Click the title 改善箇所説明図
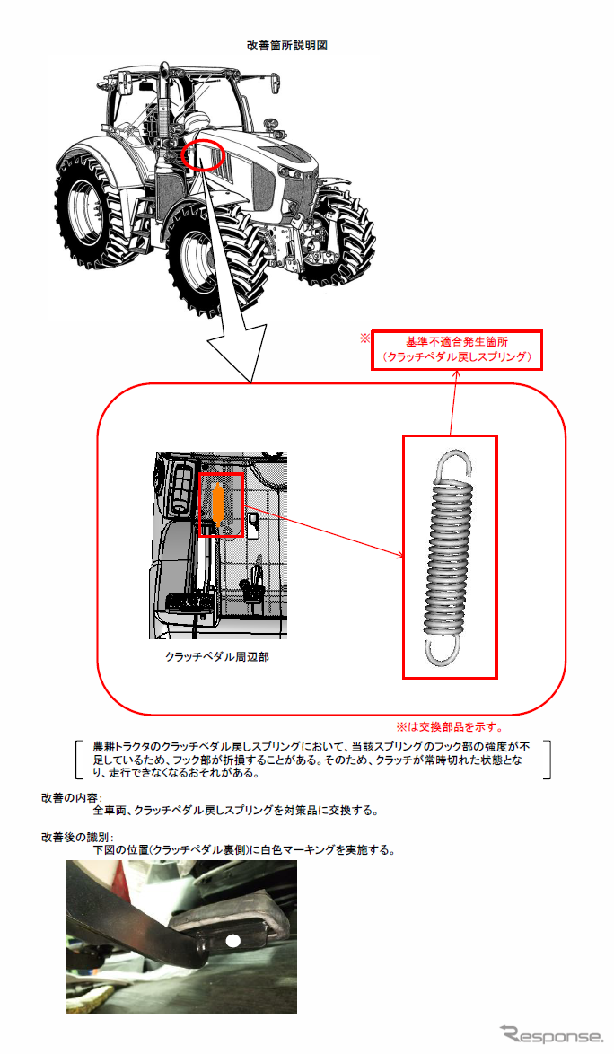click(x=287, y=46)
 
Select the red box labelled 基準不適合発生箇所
click(x=457, y=349)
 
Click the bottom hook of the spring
click(x=443, y=650)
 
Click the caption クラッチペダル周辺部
click(x=217, y=657)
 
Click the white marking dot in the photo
click(x=233, y=941)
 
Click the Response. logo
click(x=551, y=1034)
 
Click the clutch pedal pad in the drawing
click(x=189, y=602)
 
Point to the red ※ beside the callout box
click(x=364, y=338)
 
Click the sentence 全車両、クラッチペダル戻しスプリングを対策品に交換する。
click(x=236, y=811)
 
